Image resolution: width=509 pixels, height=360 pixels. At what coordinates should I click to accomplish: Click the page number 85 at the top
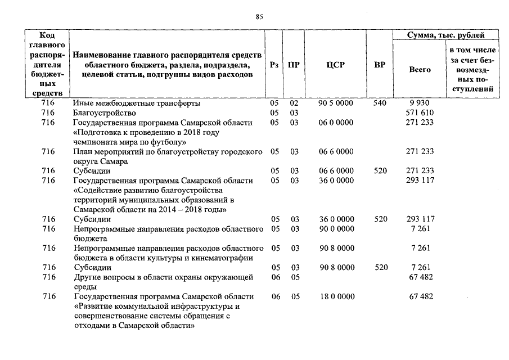[259, 17]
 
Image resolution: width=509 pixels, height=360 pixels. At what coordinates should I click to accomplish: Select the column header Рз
[274, 65]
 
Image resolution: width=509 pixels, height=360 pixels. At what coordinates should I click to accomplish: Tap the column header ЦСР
[336, 65]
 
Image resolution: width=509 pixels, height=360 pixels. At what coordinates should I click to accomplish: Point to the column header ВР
[380, 65]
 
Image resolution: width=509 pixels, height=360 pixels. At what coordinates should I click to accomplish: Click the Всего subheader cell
[420, 70]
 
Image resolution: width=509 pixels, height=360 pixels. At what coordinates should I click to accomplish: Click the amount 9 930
[420, 103]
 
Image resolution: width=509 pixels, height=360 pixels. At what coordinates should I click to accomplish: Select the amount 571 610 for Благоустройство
[420, 113]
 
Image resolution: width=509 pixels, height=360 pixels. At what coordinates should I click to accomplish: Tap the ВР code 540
[380, 103]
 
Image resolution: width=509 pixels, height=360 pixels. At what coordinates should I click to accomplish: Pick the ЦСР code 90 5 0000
[336, 103]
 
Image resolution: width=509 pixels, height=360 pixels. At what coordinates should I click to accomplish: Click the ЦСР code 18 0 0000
[336, 296]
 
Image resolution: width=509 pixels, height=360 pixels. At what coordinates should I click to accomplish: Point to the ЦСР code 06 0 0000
[336, 123]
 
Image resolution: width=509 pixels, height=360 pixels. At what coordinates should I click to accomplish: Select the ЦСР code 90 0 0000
[336, 229]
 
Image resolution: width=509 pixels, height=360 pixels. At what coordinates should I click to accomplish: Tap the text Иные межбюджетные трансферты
[137, 103]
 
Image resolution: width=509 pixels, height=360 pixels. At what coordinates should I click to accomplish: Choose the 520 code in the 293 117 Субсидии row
[381, 219]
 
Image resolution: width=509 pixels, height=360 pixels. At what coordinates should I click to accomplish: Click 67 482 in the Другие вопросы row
[420, 277]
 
